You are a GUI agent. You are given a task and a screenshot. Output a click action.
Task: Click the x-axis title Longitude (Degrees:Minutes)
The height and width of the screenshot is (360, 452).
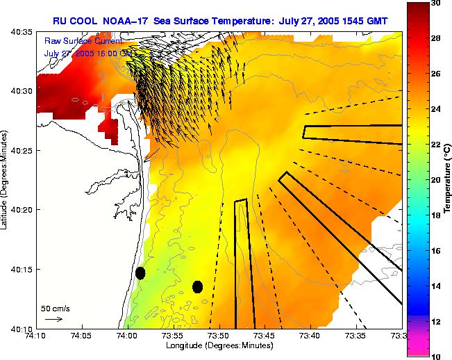click(219, 345)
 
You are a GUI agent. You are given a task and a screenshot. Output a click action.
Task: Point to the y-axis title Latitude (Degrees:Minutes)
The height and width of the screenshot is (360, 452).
click(6, 180)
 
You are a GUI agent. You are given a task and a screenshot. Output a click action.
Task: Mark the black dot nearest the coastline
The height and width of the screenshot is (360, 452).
click(140, 273)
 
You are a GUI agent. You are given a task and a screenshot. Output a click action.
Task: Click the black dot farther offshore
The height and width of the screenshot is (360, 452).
click(197, 286)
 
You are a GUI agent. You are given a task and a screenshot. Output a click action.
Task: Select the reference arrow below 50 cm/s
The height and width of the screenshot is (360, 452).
click(53, 319)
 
